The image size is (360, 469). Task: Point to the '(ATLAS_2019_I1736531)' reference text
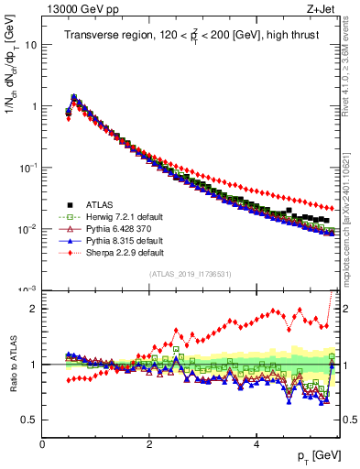189,274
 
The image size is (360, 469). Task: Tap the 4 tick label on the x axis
256,443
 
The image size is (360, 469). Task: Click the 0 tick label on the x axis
42,443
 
